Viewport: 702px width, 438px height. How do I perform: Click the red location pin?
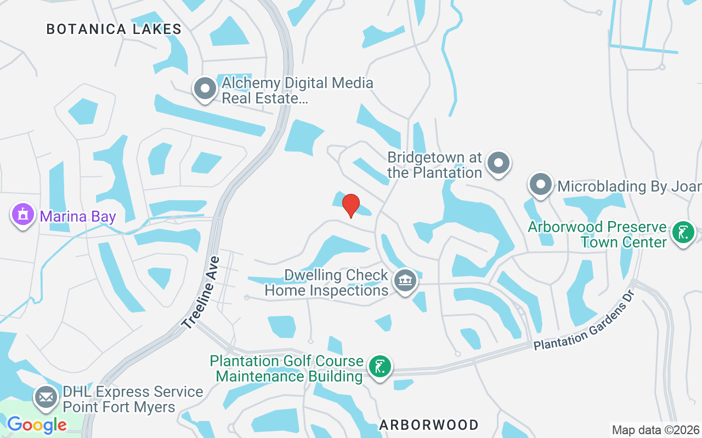coord(351,205)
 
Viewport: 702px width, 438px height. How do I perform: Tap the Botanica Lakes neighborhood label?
coord(114,30)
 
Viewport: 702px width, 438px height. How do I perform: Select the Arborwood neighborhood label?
coord(428,424)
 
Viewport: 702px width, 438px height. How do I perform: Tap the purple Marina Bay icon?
coord(22,215)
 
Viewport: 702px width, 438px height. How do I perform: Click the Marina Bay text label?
coord(78,216)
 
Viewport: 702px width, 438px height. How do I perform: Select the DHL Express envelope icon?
coord(46,397)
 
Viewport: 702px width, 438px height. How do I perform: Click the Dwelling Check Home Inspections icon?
coord(405,281)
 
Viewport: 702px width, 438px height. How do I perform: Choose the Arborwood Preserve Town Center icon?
coord(683,233)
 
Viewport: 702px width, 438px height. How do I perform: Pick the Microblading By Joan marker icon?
coord(541,185)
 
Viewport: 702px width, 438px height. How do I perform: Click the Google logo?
coord(37,424)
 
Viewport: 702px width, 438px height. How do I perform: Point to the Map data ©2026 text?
coord(655,430)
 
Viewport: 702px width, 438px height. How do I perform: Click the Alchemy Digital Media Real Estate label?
coord(297,91)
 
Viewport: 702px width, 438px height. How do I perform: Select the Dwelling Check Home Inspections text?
coord(327,283)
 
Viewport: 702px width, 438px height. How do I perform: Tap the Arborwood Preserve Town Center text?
coord(597,234)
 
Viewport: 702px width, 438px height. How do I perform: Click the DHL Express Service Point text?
coord(133,399)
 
